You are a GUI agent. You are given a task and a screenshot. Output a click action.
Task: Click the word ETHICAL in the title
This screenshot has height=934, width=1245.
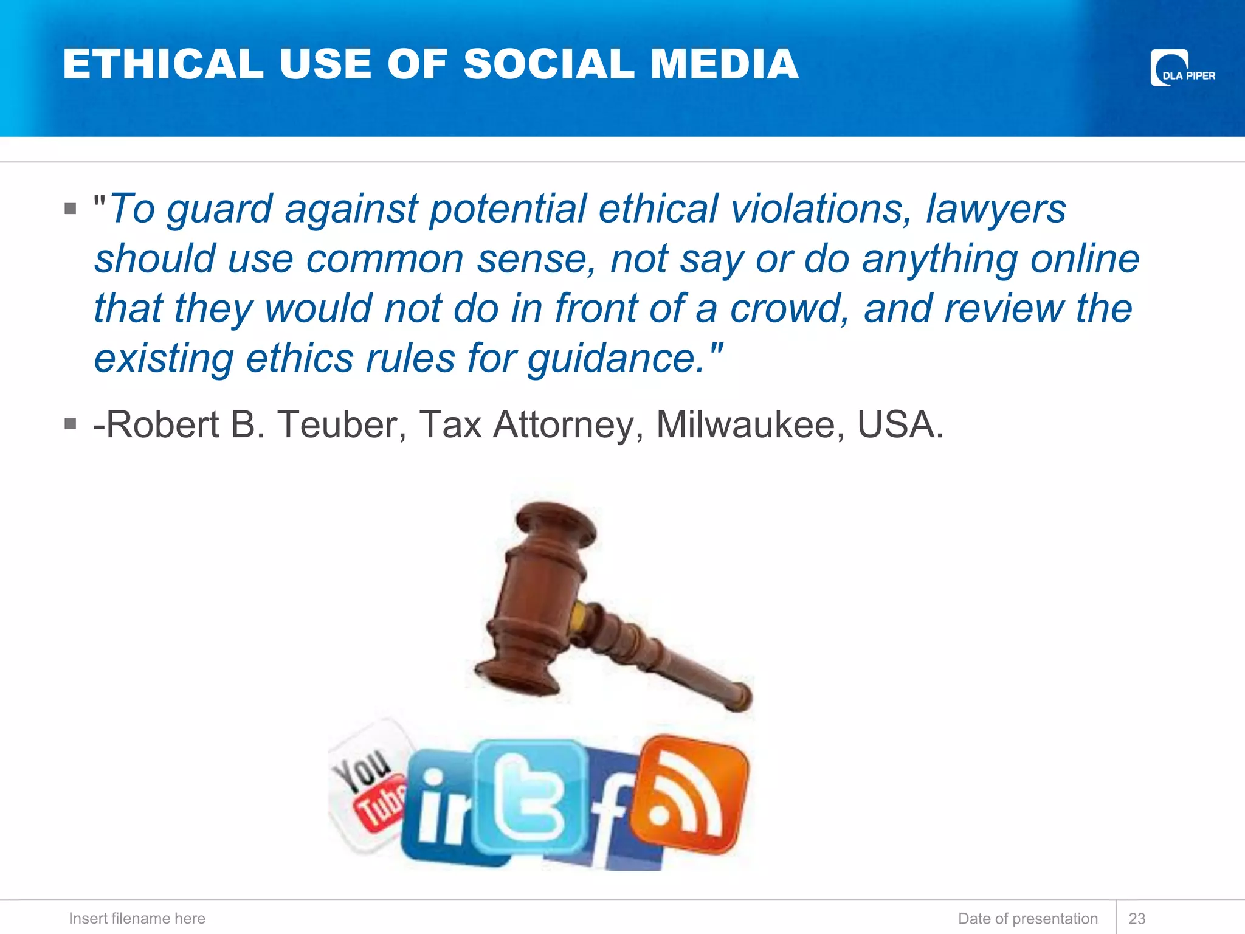[x=163, y=64]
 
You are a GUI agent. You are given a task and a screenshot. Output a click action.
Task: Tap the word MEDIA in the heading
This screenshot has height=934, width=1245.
[x=724, y=64]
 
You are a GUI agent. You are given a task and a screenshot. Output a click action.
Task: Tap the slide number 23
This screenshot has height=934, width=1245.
[x=1136, y=918]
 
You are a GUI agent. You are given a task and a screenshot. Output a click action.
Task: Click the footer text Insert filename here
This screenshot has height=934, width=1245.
[x=137, y=918]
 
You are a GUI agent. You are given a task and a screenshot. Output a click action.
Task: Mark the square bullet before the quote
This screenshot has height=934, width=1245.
[x=71, y=209]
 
